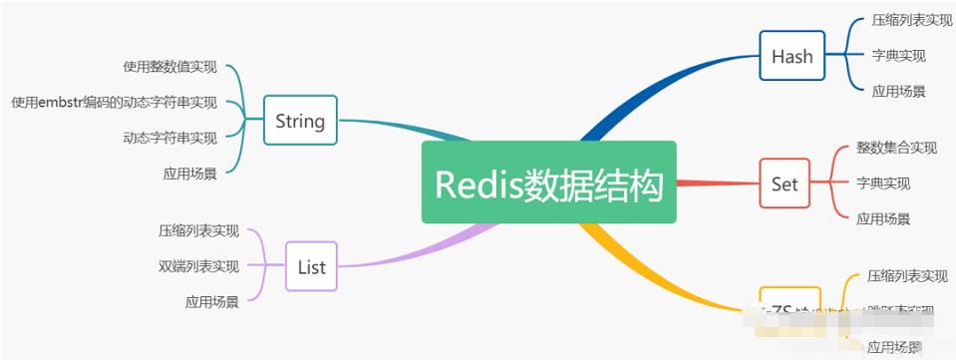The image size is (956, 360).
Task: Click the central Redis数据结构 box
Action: point(548,182)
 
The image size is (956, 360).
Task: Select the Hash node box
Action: point(793,56)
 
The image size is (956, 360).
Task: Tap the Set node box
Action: point(785,183)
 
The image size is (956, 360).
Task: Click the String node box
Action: point(300,121)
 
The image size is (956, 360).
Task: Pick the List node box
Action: point(311,266)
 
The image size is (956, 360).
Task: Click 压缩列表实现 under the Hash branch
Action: point(911,20)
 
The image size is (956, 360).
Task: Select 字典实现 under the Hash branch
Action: point(898,56)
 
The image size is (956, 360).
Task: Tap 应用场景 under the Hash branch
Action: point(898,92)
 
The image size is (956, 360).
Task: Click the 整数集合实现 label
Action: point(896,148)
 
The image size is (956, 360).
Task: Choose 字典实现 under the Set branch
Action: point(883,183)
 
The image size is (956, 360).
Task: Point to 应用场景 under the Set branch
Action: point(883,219)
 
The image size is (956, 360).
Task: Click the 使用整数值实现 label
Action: point(169,67)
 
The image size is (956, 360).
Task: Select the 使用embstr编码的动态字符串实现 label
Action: point(114,103)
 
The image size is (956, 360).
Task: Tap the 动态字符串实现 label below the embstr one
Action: point(169,139)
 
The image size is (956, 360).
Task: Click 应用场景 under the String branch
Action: point(189,174)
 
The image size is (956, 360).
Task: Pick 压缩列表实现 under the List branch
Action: point(198,231)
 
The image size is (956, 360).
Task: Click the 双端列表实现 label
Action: point(198,266)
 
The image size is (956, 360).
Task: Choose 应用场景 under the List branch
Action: point(211,301)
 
